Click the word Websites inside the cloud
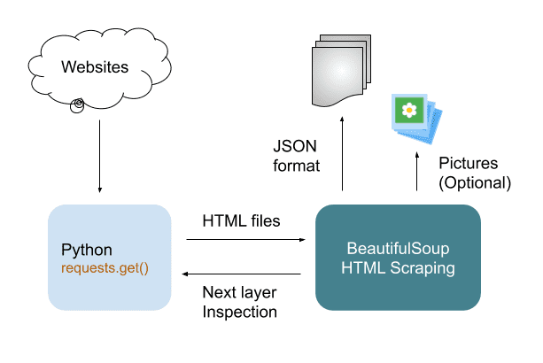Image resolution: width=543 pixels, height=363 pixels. point(95,66)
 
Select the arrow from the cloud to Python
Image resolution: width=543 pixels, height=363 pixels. point(99,155)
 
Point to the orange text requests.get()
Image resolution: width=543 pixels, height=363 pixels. point(104,266)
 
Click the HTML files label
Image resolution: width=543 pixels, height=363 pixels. point(241,220)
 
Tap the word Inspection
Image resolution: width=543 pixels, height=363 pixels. point(240,312)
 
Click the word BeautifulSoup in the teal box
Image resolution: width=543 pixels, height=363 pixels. point(398,249)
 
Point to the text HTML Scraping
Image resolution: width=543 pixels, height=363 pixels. point(398,266)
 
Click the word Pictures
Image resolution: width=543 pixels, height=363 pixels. point(469,165)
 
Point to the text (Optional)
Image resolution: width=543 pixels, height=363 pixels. point(475,183)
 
